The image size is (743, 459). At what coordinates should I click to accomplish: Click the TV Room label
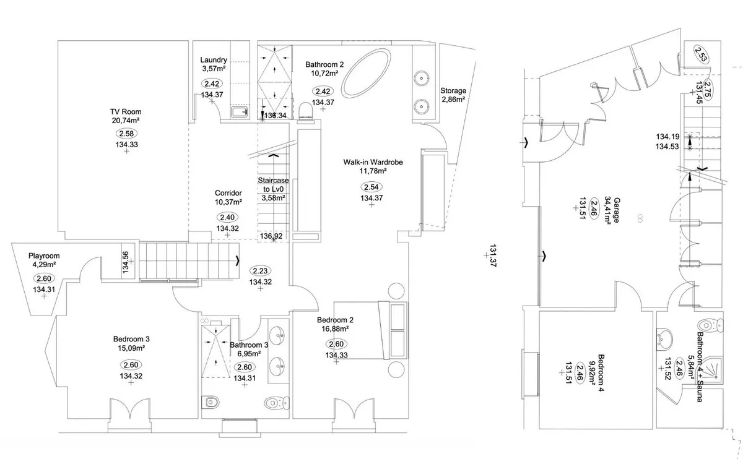point(126,112)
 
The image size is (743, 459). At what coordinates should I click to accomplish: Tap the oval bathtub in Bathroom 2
point(366,73)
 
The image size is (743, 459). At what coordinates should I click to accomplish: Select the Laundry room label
point(214,60)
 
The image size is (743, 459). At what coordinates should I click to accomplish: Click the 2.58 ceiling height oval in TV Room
point(126,134)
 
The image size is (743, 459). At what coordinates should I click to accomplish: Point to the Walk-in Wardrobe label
point(373,162)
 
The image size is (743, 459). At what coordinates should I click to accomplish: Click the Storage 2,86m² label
point(453,95)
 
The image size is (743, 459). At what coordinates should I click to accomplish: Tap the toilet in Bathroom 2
point(305,112)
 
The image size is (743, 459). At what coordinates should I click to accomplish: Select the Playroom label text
point(44,256)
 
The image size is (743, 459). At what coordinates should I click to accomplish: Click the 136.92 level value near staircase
point(271,236)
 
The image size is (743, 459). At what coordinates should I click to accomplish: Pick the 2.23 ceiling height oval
point(260,271)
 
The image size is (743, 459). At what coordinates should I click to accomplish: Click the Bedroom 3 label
point(131,339)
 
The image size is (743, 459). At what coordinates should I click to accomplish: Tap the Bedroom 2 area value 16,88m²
point(335,328)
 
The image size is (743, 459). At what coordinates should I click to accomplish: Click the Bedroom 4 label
point(601,373)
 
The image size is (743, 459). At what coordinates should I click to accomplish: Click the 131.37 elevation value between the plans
point(493,256)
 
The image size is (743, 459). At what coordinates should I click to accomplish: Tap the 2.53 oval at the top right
point(701,54)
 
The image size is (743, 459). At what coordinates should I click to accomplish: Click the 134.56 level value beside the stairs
point(125,262)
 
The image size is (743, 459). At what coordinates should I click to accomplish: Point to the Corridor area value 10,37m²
point(228,202)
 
